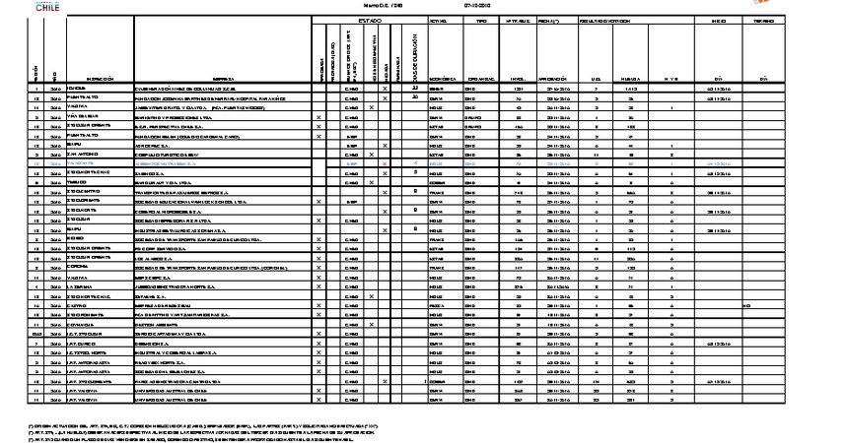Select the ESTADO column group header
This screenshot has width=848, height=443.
tap(369, 20)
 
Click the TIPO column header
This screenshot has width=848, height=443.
tap(482, 20)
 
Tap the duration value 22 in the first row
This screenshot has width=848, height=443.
tap(416, 88)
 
